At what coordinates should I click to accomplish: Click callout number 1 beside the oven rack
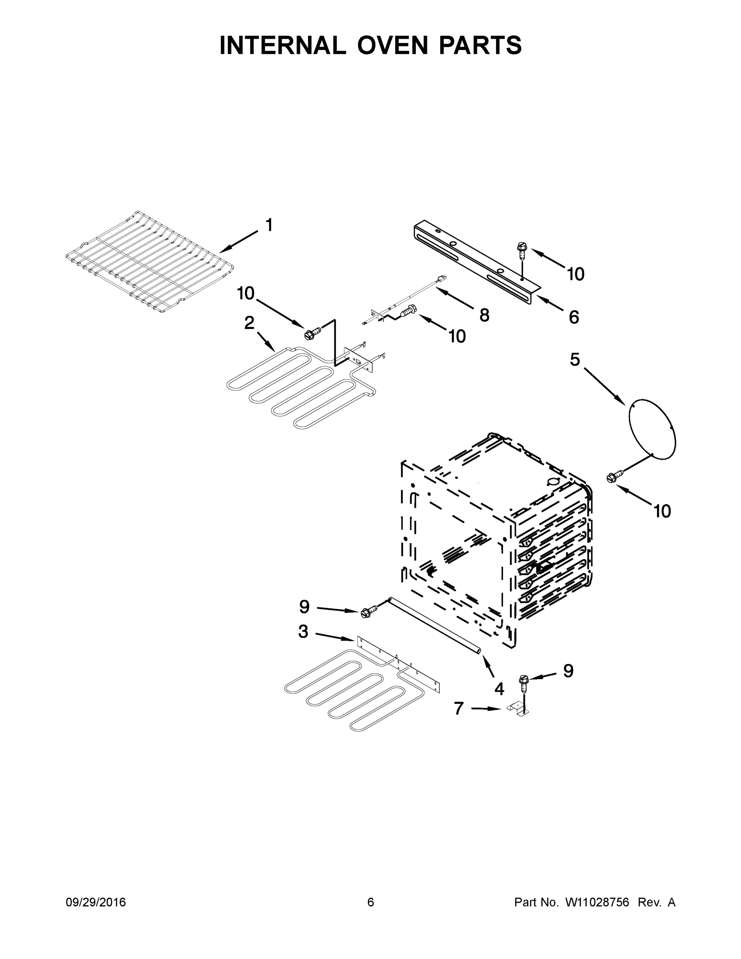pos(269,225)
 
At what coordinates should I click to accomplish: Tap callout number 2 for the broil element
pos(249,323)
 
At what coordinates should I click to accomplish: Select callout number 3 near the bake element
pos(303,632)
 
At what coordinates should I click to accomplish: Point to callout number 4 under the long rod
pos(499,689)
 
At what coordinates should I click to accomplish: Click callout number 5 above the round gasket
pos(575,360)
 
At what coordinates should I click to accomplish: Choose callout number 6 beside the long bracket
pos(574,317)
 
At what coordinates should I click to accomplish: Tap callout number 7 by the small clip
pos(459,708)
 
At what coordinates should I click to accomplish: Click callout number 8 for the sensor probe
pos(484,315)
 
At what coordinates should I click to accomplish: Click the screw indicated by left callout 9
pos(369,611)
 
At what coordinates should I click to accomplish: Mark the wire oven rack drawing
pos(149,263)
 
